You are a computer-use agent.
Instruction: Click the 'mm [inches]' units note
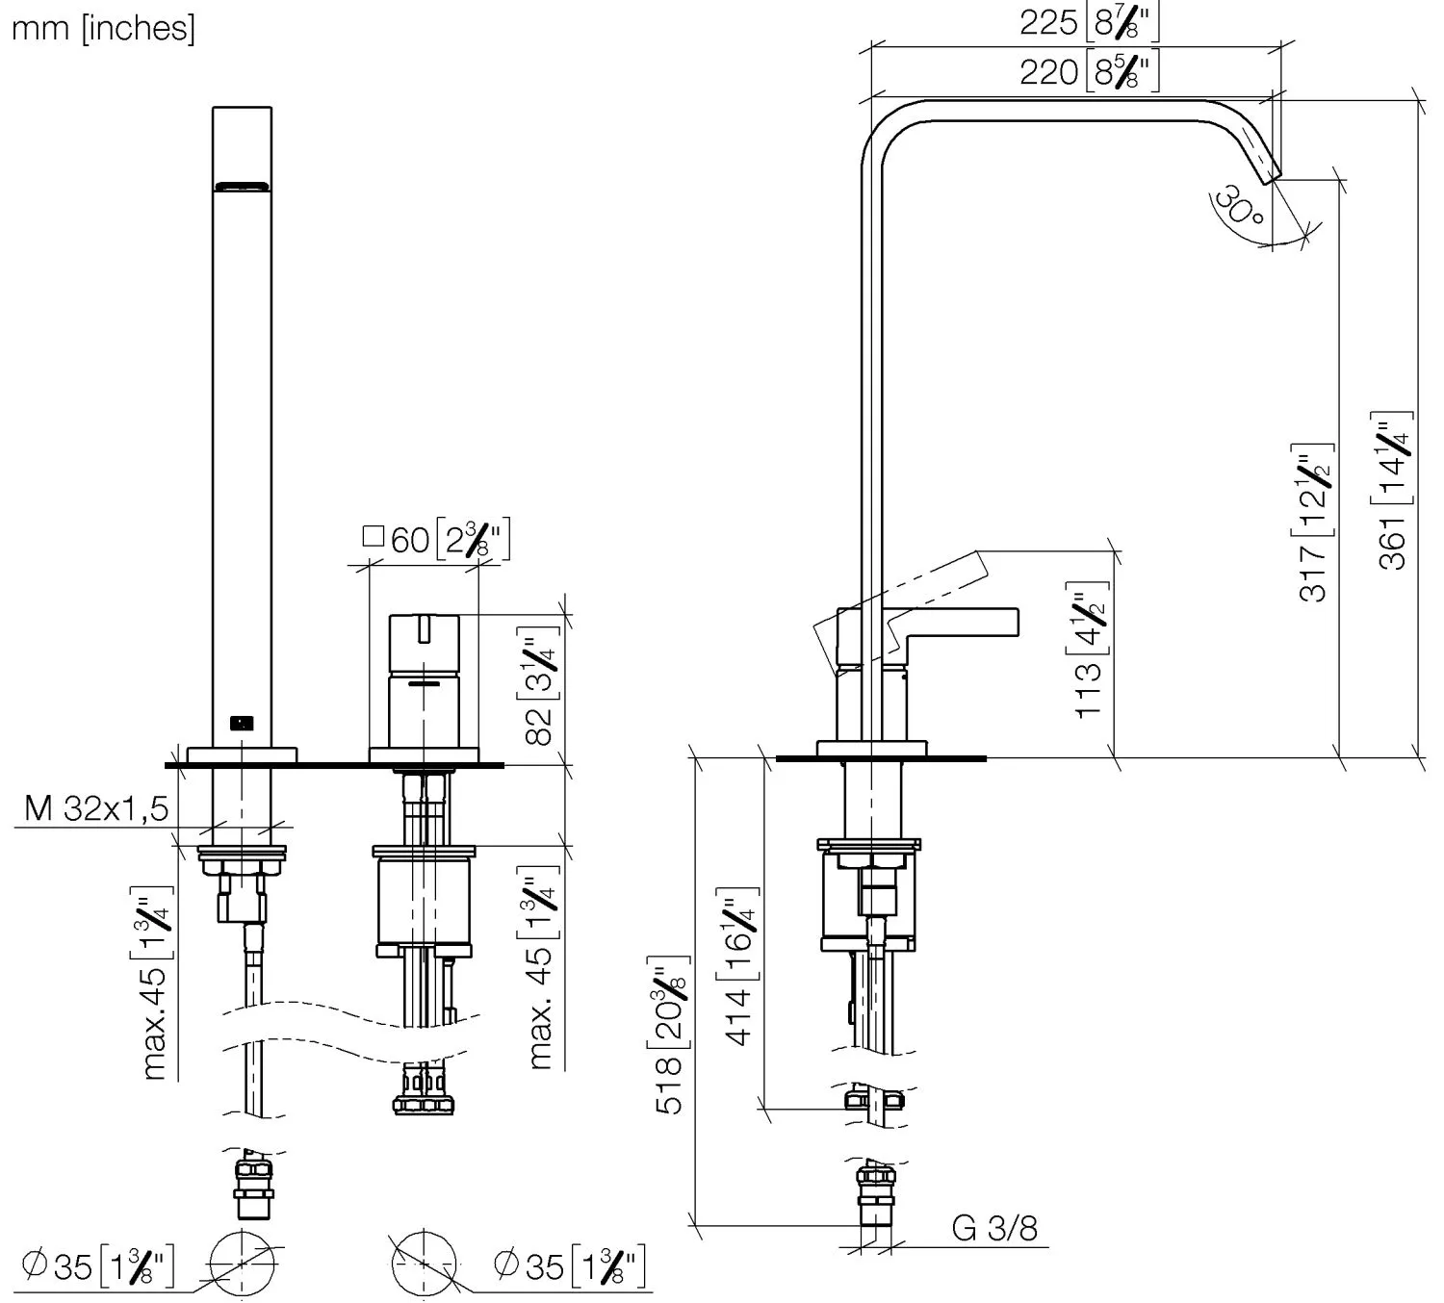click(102, 28)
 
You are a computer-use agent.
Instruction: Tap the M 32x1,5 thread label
click(96, 808)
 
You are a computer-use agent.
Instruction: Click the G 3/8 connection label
click(994, 1228)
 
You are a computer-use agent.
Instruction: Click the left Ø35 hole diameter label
click(97, 1265)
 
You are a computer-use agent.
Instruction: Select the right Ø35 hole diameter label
click(568, 1265)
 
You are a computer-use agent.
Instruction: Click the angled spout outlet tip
click(1271, 173)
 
